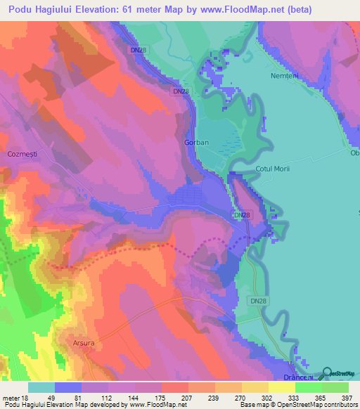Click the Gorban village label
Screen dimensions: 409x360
(196, 142)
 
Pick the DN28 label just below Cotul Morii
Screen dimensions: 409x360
(241, 215)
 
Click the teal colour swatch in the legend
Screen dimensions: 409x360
(41, 388)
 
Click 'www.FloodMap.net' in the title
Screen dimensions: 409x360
(230, 10)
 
